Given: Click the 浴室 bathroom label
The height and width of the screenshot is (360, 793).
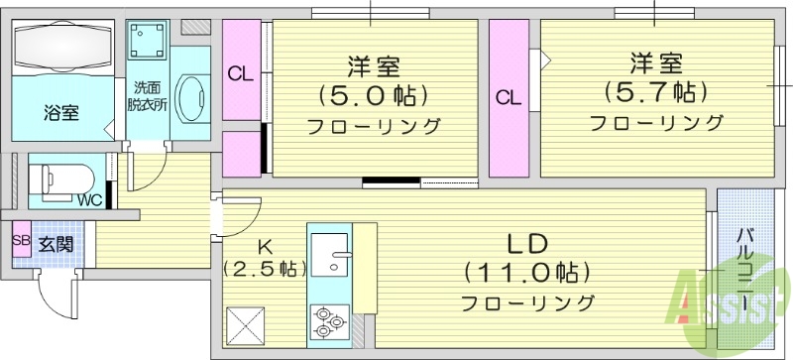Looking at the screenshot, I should (x=60, y=111).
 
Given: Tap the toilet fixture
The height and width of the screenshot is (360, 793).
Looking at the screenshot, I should (x=59, y=180).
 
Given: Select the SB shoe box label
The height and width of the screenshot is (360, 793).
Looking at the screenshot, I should (x=20, y=240).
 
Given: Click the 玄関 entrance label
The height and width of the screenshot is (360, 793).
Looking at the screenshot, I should (x=52, y=242).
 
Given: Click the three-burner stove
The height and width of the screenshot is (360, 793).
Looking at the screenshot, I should (x=328, y=319).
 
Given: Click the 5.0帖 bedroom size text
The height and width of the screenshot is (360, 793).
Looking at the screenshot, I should (x=373, y=96).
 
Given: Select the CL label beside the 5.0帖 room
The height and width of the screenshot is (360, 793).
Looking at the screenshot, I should (x=239, y=72).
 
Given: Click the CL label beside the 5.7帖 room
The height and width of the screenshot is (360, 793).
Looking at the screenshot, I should (x=509, y=97).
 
